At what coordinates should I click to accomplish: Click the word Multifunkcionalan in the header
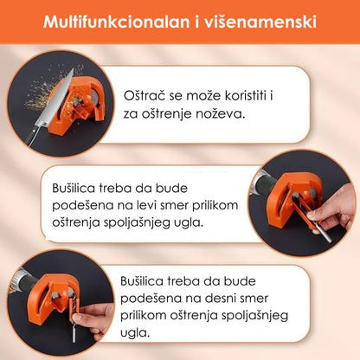[x=117, y=22]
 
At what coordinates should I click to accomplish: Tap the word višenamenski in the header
[x=260, y=22]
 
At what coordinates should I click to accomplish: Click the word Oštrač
[x=145, y=95]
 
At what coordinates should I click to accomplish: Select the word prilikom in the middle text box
[x=215, y=205]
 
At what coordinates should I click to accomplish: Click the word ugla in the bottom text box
[x=135, y=333]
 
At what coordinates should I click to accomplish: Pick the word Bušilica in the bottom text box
[x=142, y=281]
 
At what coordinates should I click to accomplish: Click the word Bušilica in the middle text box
[x=74, y=189]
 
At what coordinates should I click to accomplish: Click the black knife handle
[x=31, y=136]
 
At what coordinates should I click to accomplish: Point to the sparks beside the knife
[x=40, y=93]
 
